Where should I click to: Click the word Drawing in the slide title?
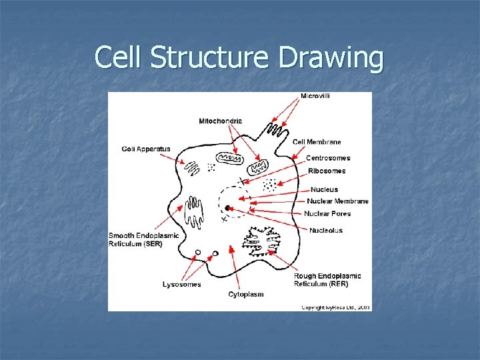pos(331,57)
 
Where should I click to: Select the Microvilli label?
pos(315,96)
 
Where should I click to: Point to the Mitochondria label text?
pos(221,121)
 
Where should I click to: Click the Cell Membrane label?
pos(317,142)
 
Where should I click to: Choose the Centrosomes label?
pos(327,158)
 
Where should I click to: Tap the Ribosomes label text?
pos(327,171)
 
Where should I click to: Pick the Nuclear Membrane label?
pos(337,201)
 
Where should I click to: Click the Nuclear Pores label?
pos(327,214)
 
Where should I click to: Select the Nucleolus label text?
pos(326,231)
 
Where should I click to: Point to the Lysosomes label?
pos(181,285)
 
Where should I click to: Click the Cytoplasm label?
pos(246,294)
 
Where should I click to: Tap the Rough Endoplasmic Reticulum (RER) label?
pos(327,280)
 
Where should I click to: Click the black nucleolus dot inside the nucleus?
pos(227,208)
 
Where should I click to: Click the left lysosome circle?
pos(198,253)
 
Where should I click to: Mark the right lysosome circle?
pos(215,253)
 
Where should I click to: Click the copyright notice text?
pos(336,307)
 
